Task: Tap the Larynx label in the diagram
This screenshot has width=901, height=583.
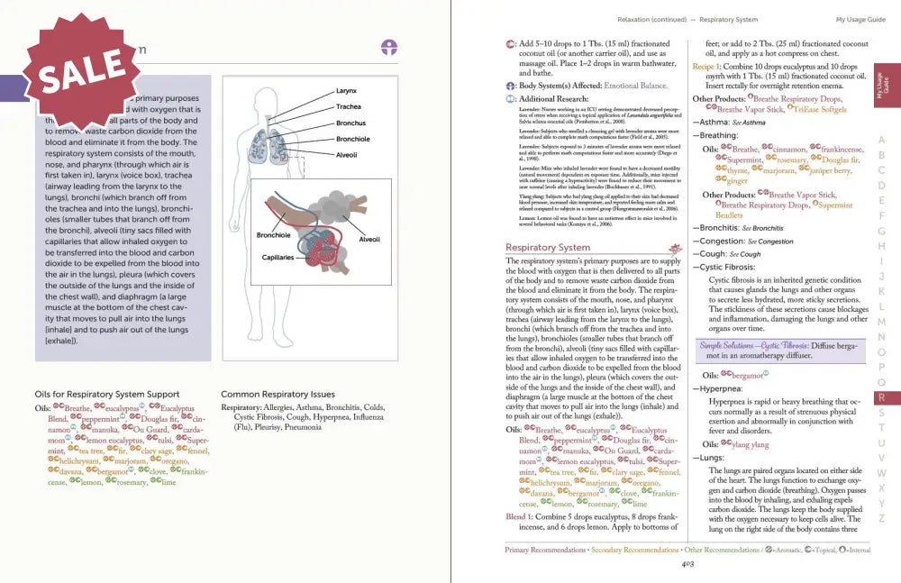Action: click(346, 91)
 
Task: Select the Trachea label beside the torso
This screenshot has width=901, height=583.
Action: click(349, 107)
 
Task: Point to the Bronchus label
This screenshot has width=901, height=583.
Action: click(350, 123)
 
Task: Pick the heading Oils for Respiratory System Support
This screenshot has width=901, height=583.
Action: click(106, 394)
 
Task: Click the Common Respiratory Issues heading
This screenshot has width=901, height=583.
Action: click(278, 394)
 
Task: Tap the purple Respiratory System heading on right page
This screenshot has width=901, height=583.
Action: click(548, 247)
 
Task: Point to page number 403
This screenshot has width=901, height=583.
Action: click(687, 565)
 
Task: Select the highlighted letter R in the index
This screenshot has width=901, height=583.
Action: click(881, 397)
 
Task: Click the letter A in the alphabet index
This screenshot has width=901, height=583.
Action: click(881, 141)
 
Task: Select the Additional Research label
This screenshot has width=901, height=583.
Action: click(555, 98)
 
